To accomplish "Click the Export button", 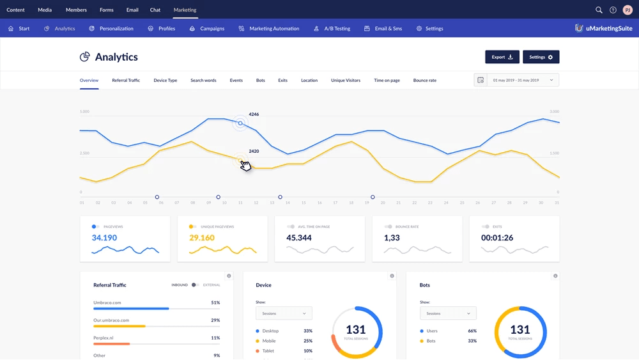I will [502, 57].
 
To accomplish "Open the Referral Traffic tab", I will [126, 81].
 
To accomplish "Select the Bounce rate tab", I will [425, 81].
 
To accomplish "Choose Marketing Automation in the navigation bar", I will [269, 29].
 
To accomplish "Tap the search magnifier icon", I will [599, 10].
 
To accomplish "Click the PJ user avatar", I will [627, 10].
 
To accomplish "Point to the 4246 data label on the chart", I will [254, 114].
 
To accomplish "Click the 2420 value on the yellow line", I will [254, 152].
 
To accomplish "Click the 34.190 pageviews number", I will [104, 238].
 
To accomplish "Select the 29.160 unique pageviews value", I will [202, 238].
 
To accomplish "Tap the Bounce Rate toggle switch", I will [388, 226].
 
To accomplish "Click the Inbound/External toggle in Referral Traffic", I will [195, 285].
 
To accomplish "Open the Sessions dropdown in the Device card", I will [284, 313].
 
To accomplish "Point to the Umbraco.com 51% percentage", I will [215, 302].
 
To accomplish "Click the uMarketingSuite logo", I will [603, 29].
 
